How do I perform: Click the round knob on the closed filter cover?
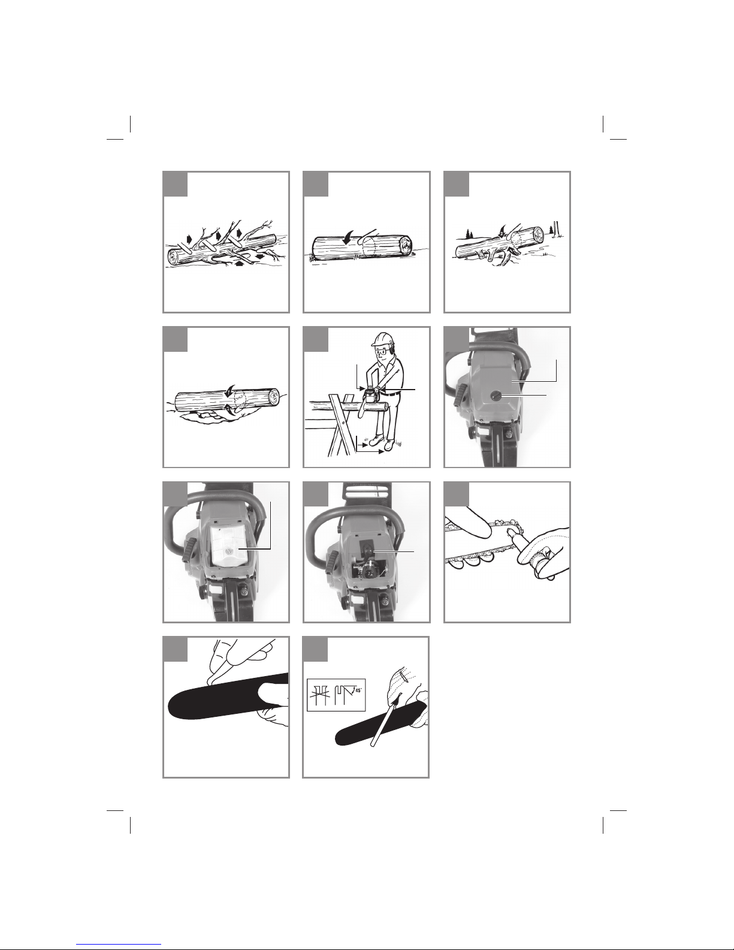[499, 395]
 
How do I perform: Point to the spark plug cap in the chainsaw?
[366, 547]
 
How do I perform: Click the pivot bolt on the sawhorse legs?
[345, 423]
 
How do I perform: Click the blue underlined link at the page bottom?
[119, 945]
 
